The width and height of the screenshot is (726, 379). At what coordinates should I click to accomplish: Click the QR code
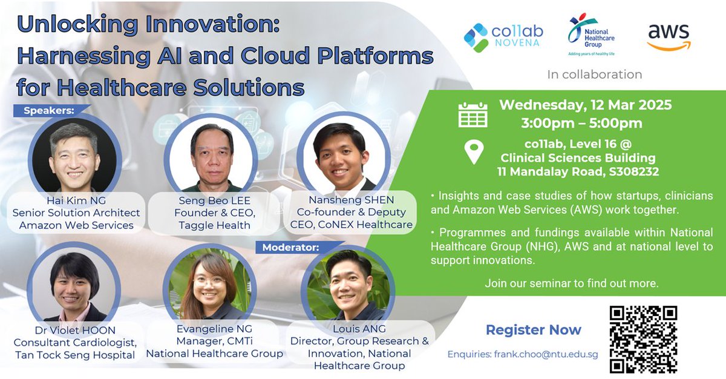pos(643,339)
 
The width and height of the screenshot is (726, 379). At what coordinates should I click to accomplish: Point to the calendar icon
pos(473,114)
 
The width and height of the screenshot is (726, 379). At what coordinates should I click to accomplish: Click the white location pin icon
pos(473,151)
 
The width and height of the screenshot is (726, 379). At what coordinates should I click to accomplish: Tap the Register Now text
pos(533,330)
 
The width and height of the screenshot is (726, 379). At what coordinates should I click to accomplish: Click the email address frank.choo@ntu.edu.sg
pos(523,354)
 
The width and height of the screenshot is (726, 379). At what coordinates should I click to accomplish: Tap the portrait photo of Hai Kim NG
pos(75,156)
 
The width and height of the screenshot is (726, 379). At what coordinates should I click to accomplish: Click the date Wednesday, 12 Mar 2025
pos(585,105)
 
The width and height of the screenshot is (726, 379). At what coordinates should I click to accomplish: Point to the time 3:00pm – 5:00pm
pos(581,124)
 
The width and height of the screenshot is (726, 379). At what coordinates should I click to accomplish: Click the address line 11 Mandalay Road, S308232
pos(578,171)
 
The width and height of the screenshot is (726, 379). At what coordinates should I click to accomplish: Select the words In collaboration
pos(594,74)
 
